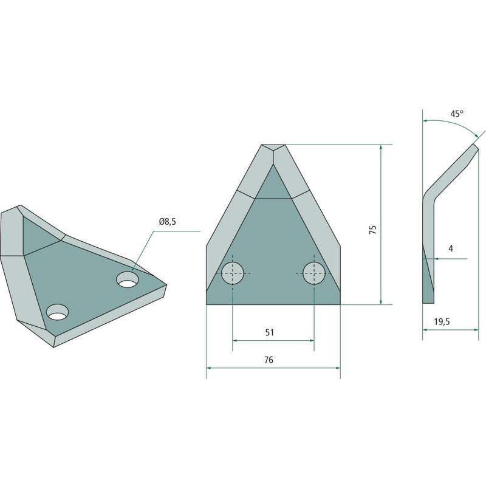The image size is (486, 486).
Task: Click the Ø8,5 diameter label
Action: click(168, 222)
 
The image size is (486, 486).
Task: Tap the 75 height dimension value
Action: click(373, 230)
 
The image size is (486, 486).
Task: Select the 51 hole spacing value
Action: click(270, 332)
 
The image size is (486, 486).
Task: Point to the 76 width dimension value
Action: click(269, 360)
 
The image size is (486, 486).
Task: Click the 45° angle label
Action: click(457, 114)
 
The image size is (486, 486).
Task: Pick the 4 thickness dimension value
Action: click(451, 248)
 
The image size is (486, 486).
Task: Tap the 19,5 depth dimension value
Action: click(442, 322)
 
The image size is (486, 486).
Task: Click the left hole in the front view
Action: click(233, 273)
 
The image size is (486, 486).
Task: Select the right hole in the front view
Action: click(314, 273)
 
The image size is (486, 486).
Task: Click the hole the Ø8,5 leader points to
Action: click(128, 279)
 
